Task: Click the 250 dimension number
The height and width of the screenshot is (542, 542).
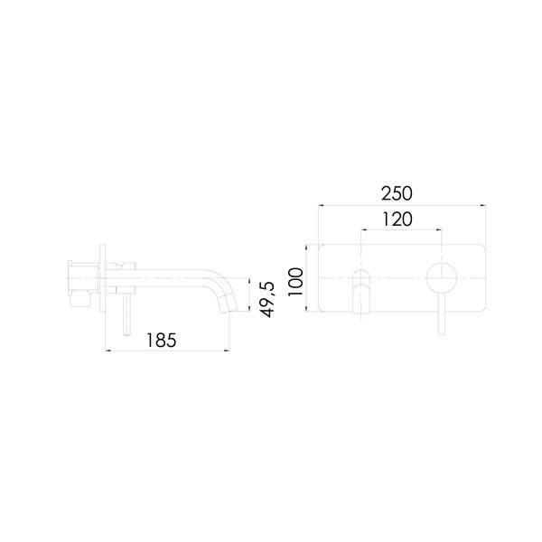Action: click(x=397, y=193)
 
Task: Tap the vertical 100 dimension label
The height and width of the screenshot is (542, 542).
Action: click(x=294, y=279)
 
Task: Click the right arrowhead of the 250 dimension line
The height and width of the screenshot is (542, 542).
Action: click(x=484, y=206)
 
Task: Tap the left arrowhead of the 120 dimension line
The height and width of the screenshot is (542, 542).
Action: click(x=362, y=230)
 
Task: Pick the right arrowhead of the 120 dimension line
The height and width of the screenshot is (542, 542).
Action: click(x=441, y=230)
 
